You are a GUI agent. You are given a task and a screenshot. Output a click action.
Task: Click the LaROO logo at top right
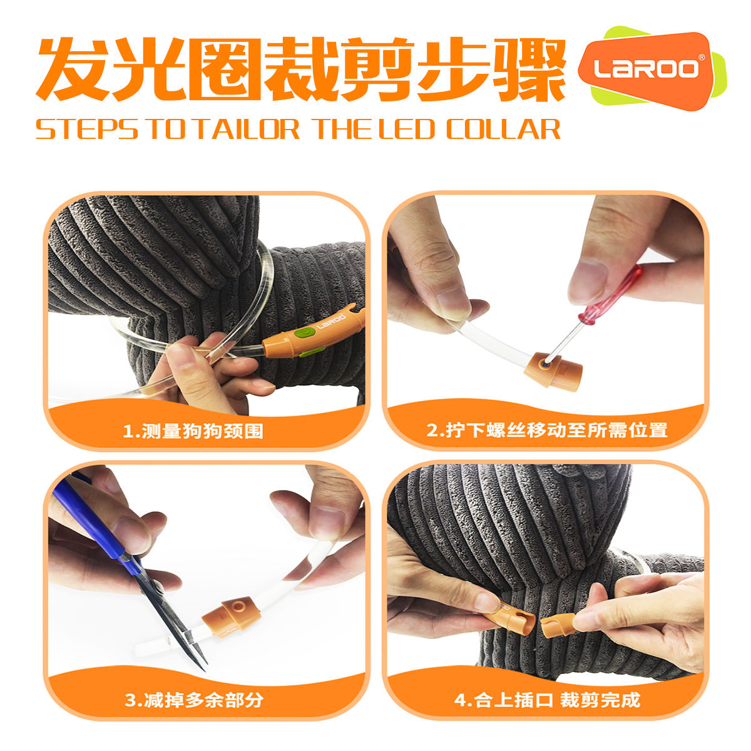pyautogui.click(x=647, y=68)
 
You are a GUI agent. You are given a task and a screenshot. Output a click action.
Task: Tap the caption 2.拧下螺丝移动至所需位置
pyautogui.click(x=546, y=431)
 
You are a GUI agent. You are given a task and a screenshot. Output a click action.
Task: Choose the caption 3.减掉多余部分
pyautogui.click(x=194, y=700)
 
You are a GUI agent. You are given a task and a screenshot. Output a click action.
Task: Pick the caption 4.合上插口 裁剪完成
pyautogui.click(x=547, y=699)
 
